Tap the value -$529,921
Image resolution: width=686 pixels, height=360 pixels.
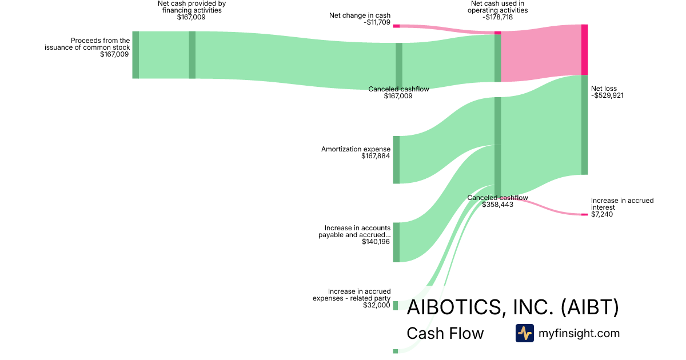607,95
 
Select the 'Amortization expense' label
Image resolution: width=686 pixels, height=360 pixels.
356,149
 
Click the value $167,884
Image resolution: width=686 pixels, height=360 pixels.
376,156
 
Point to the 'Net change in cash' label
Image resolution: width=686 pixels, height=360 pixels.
360,15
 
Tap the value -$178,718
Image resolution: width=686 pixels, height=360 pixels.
497,17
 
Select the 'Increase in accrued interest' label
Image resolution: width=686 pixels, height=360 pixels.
622,204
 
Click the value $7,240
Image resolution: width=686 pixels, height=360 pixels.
602,214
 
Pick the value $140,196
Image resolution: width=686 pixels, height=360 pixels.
376,242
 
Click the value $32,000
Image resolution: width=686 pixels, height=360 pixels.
376,305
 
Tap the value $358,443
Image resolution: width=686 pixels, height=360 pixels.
497,204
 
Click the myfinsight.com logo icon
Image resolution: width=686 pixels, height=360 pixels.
524,333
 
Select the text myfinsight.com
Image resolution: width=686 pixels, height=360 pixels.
579,333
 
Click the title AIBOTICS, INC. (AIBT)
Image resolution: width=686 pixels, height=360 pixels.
512,307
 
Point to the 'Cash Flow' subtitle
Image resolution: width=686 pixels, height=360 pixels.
445,333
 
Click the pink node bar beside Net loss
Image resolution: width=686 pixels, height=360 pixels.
584,50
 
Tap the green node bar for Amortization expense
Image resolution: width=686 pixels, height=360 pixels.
396,159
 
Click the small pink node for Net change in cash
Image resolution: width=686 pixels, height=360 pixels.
396,26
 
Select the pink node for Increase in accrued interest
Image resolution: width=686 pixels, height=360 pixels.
584,214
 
